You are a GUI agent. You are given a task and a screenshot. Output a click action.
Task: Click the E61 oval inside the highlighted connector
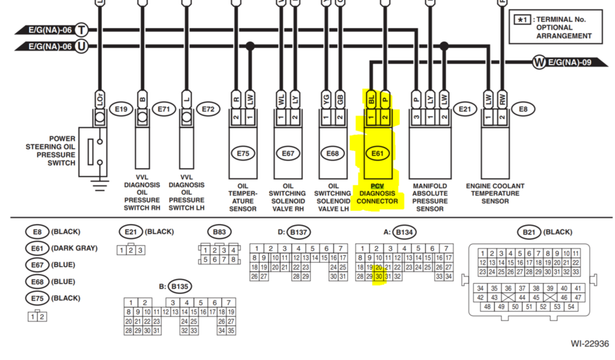(377, 154)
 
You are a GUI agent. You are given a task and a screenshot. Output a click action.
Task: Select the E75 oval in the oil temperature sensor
(242, 154)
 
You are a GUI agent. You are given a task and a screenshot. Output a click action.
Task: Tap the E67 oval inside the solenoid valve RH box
(288, 154)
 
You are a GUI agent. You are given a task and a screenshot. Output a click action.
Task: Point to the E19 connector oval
(121, 110)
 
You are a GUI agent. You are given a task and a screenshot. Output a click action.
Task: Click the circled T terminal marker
(81, 30)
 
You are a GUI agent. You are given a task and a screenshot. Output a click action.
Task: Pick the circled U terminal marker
(81, 46)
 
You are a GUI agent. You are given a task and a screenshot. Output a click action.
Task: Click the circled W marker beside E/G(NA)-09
(539, 62)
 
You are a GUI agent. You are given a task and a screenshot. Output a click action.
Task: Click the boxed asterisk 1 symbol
(523, 20)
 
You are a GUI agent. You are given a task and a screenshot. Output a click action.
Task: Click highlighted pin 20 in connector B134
(379, 268)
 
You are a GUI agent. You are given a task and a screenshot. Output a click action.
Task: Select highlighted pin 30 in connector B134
(379, 277)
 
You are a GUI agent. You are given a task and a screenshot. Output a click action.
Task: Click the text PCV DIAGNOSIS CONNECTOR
(376, 193)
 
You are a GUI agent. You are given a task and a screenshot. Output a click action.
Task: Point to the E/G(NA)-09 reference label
(568, 62)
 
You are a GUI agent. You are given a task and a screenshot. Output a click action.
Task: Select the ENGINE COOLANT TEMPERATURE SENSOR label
(496, 193)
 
